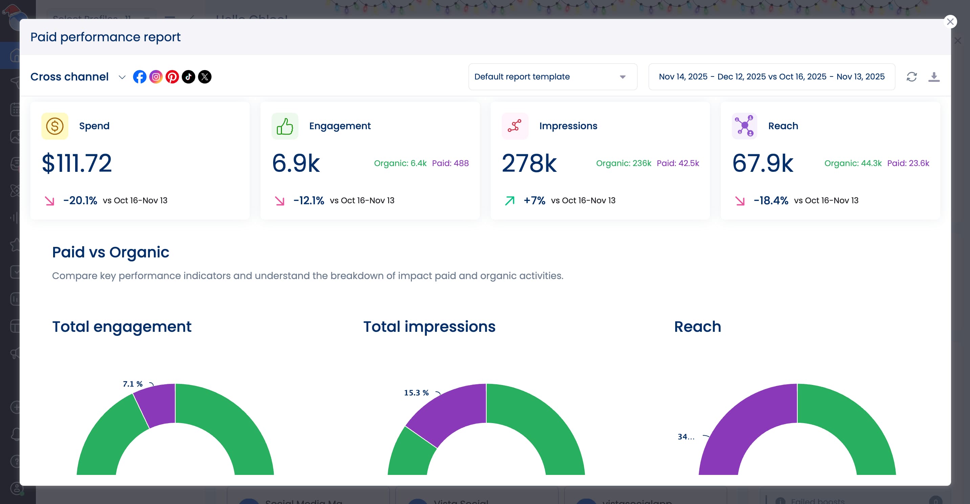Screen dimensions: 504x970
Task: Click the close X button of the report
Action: click(950, 22)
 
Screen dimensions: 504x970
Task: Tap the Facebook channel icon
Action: click(139, 77)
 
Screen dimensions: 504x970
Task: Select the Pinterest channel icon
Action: click(172, 77)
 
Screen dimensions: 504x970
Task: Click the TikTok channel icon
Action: click(188, 77)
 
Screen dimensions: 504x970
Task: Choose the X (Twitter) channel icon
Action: click(204, 77)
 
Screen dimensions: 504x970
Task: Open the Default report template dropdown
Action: click(552, 77)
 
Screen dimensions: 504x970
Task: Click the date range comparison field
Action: click(771, 77)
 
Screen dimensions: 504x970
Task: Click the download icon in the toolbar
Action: click(933, 77)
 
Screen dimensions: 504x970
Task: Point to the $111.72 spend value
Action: click(76, 163)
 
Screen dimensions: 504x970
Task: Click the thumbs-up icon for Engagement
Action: click(285, 126)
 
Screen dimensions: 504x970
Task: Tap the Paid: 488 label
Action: click(450, 163)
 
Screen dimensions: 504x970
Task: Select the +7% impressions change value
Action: click(534, 201)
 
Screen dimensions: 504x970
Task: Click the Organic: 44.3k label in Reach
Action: click(853, 163)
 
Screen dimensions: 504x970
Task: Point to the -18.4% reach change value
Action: click(770, 201)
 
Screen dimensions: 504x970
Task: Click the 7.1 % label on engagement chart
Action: click(133, 384)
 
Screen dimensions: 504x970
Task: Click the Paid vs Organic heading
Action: click(110, 252)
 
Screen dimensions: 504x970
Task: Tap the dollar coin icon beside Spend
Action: click(54, 126)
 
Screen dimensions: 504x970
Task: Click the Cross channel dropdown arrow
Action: click(122, 77)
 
